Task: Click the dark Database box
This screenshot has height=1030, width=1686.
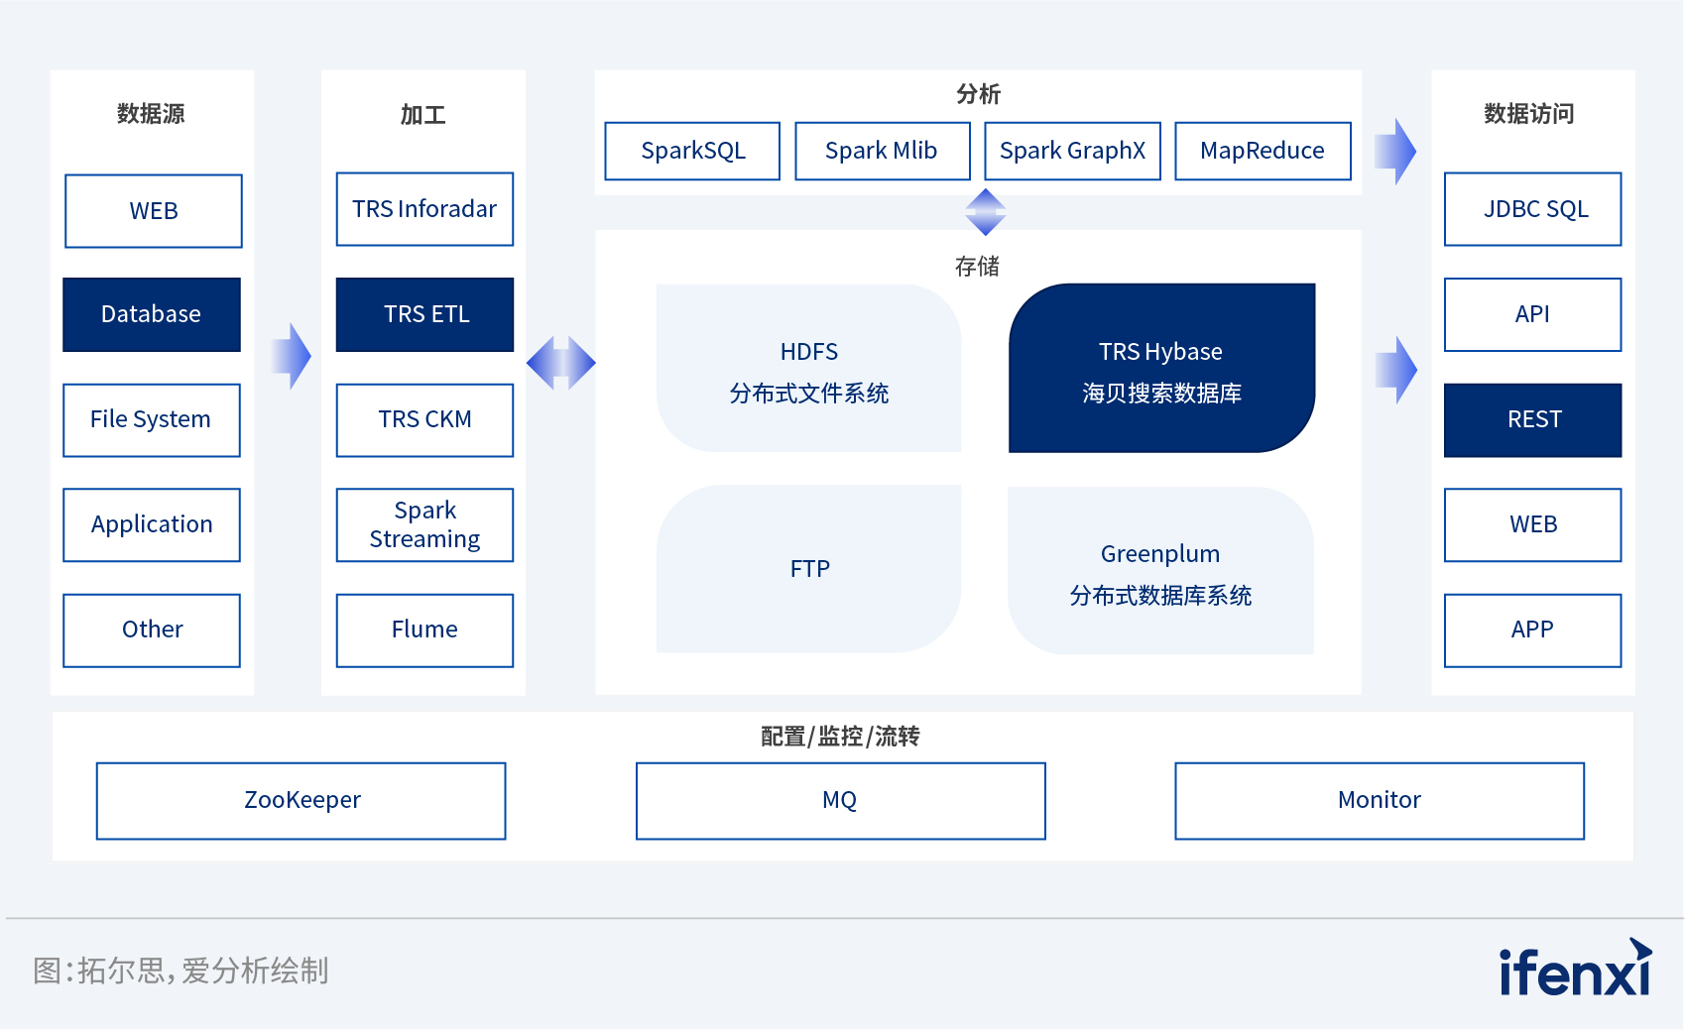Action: pyautogui.click(x=152, y=314)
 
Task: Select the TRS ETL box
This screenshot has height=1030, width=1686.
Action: pyautogui.click(x=424, y=314)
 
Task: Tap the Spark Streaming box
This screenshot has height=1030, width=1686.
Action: pyautogui.click(x=424, y=524)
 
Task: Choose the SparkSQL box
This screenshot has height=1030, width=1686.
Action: pyautogui.click(x=692, y=151)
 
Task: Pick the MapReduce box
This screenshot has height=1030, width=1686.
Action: pyautogui.click(x=1263, y=151)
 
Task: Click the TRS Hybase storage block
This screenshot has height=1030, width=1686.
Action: pyautogui.click(x=1161, y=368)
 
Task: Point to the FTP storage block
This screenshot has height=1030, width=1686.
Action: pyautogui.click(x=808, y=569)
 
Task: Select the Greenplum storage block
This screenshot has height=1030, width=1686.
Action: pyautogui.click(x=1160, y=570)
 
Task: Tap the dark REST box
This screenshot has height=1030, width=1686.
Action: pyautogui.click(x=1532, y=419)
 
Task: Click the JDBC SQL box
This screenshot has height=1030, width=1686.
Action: pyautogui.click(x=1532, y=209)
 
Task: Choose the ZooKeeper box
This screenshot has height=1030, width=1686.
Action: pyautogui.click(x=301, y=801)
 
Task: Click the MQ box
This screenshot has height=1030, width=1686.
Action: pyautogui.click(x=841, y=801)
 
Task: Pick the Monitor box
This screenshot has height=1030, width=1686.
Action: pyautogui.click(x=1380, y=801)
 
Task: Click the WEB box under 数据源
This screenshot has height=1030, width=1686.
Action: pyautogui.click(x=154, y=211)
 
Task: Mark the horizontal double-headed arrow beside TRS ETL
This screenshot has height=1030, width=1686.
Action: pyautogui.click(x=560, y=363)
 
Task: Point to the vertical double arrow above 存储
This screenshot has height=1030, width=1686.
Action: pyautogui.click(x=985, y=212)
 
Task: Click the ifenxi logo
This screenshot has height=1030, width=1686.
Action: pyautogui.click(x=1576, y=968)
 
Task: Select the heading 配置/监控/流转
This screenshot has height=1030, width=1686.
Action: pyautogui.click(x=840, y=736)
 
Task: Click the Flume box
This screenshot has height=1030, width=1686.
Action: pyautogui.click(x=424, y=630)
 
